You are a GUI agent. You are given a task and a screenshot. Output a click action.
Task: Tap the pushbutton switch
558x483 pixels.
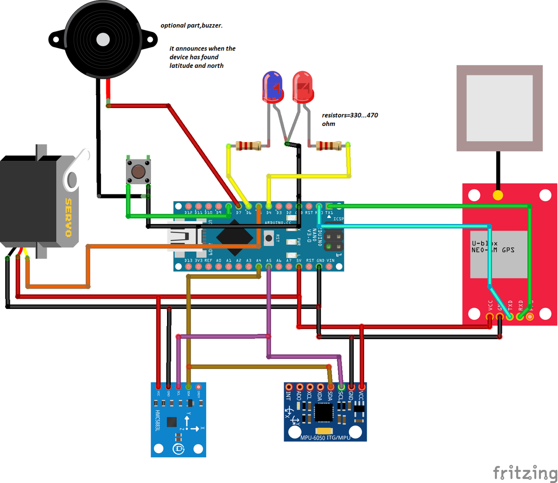click(x=138, y=171)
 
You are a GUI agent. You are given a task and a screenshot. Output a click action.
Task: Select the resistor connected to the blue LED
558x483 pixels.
click(x=248, y=145)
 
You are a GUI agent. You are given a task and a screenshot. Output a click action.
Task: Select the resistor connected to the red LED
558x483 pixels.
click(x=329, y=145)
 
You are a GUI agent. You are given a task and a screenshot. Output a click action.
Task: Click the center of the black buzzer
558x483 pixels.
click(x=103, y=39)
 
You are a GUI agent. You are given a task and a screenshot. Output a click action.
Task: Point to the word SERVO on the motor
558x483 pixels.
click(x=69, y=217)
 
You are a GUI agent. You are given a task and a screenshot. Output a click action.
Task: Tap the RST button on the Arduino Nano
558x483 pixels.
click(x=269, y=238)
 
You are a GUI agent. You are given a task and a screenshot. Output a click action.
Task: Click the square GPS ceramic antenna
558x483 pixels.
click(x=500, y=108)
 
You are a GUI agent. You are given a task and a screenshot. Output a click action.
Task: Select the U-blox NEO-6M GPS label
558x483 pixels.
click(x=493, y=247)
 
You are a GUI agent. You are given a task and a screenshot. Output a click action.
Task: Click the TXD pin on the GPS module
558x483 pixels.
click(x=510, y=316)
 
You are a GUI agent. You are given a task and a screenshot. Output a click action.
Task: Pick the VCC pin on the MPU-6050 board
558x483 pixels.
click(x=362, y=387)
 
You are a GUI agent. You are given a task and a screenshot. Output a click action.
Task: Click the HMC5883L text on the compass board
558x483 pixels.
click(x=158, y=420)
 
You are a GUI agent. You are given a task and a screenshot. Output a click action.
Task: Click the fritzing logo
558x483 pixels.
click(x=525, y=473)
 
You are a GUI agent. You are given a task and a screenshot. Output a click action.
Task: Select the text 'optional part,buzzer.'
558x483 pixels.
click(x=192, y=25)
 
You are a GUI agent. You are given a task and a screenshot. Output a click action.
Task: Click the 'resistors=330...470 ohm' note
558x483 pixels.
click(x=350, y=119)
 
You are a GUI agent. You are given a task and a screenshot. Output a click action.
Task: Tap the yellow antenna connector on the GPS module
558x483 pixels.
click(x=497, y=195)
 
